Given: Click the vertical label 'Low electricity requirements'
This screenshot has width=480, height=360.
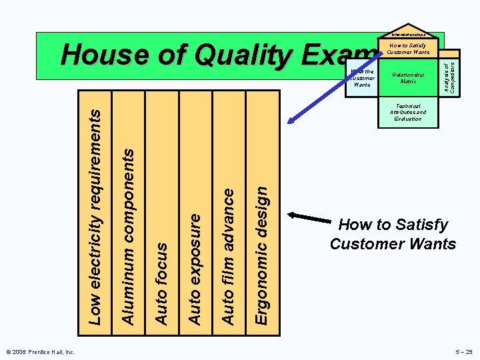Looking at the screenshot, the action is (x=96, y=217).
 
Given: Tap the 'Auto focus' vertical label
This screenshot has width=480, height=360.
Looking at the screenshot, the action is (x=161, y=283).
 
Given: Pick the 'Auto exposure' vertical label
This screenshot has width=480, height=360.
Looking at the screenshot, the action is (x=195, y=269).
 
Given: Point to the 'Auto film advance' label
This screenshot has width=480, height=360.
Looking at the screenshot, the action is (x=228, y=257).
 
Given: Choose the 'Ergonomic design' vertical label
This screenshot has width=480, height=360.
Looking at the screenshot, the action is (x=262, y=255).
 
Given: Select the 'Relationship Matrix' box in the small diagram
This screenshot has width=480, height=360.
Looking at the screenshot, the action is (x=408, y=78).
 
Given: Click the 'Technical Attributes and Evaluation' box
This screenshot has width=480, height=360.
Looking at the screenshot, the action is (x=408, y=112).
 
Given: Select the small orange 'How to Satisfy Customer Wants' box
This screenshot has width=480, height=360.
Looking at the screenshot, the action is (x=408, y=48).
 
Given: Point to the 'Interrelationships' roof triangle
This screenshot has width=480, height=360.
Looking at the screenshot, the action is (x=408, y=33).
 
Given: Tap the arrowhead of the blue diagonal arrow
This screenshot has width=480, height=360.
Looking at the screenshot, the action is (x=290, y=121).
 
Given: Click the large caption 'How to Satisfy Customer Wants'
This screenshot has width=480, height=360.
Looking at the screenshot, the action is (x=393, y=234).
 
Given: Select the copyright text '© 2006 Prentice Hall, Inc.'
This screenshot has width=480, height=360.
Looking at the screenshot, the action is (x=41, y=351).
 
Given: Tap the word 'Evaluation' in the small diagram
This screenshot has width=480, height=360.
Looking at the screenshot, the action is (x=408, y=119).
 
